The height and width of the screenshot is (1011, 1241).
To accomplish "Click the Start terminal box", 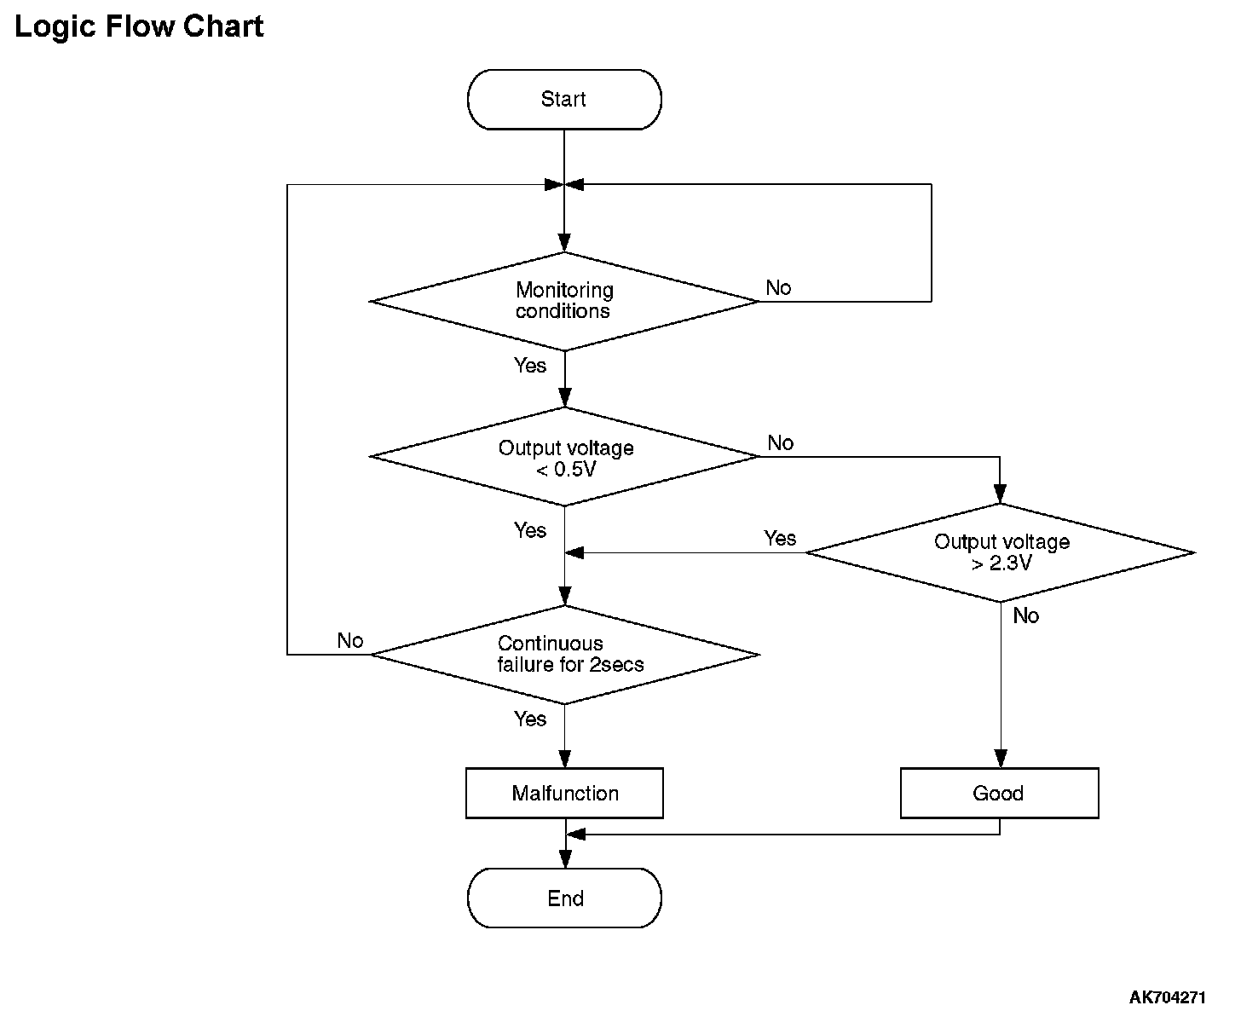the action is [x=564, y=100].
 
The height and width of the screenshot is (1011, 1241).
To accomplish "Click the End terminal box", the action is [x=564, y=898].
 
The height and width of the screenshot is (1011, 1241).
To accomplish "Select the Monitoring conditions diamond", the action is [x=564, y=301].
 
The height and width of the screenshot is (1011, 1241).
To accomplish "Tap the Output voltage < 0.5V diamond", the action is [x=564, y=456].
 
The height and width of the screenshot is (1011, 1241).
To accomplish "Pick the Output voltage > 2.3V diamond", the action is [x=1001, y=552].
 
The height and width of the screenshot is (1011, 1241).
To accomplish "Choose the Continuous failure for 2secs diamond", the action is [x=564, y=655].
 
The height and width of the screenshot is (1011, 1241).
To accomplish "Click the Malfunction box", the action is [x=564, y=793].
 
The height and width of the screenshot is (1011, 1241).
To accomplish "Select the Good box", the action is [x=999, y=793].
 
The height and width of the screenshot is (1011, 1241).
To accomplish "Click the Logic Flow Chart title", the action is [x=139, y=27].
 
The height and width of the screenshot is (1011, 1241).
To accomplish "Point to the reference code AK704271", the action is [x=1167, y=997].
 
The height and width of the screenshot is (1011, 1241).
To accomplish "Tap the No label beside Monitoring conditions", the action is [x=778, y=288].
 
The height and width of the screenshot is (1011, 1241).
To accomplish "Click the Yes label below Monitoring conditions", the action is [x=529, y=366].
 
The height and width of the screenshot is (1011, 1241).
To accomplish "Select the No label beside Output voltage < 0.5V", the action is [x=780, y=443].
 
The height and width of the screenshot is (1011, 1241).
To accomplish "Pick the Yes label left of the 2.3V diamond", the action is [x=780, y=538].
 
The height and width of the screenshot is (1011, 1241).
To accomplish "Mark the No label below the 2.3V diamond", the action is [x=1026, y=615].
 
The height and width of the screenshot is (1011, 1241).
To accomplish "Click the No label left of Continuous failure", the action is [x=350, y=640].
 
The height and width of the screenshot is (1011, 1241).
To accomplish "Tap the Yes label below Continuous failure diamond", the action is [x=529, y=719].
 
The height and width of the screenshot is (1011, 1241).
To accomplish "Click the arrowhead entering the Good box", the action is [x=1001, y=758].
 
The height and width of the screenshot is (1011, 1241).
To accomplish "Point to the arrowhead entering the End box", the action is [x=564, y=859].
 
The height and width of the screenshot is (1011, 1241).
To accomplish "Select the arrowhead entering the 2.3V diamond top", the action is [x=1001, y=494].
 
